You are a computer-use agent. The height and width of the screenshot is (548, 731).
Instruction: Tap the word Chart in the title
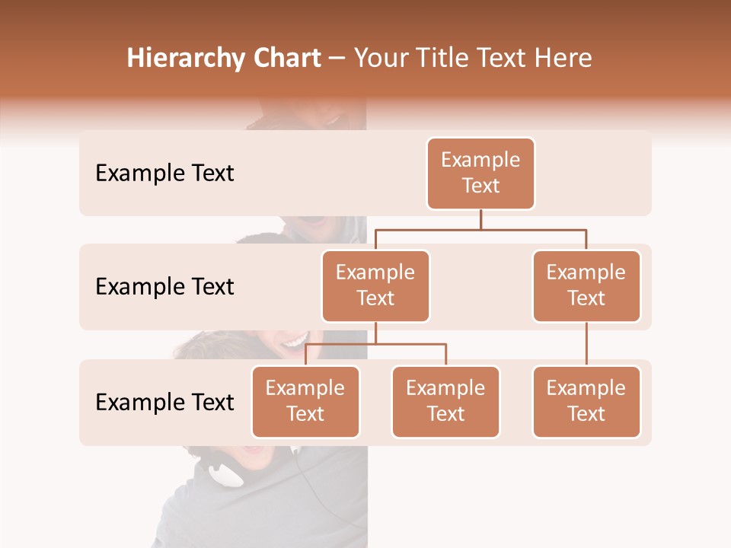283,59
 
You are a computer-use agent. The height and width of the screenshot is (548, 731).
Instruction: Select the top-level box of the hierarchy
480,174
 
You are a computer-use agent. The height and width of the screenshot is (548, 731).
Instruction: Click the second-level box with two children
375,286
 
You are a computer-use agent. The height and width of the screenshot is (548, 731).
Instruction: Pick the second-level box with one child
586,286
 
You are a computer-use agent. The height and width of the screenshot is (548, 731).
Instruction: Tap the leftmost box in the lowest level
305,402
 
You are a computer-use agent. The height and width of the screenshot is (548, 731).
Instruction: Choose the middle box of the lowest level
445,402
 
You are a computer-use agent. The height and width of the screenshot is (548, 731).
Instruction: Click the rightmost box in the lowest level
586,402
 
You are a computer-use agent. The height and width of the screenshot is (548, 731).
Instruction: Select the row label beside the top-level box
164,174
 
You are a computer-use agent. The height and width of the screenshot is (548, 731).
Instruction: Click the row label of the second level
164,287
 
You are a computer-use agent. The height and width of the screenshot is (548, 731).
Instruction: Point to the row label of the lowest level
164,402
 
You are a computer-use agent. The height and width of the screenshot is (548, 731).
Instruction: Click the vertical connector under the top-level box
480,219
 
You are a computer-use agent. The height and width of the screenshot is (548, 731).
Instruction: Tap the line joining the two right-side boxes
586,344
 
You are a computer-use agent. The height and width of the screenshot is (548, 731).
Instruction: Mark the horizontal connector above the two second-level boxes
480,229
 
